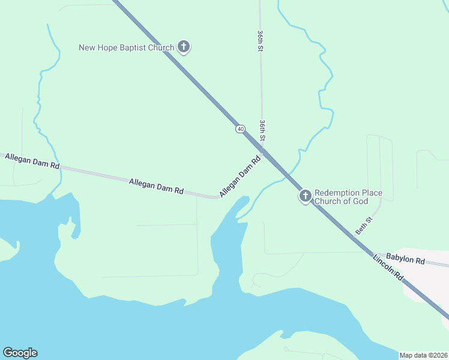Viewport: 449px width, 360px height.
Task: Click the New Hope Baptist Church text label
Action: [127, 47]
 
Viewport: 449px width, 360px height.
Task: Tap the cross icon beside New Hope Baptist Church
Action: [184, 47]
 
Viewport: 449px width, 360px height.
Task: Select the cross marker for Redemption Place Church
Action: [305, 196]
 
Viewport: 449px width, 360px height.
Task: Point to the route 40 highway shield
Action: [240, 128]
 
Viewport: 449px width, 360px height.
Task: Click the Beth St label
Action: [364, 226]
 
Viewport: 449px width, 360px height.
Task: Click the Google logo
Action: [20, 353]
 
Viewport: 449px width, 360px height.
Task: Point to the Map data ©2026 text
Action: [423, 355]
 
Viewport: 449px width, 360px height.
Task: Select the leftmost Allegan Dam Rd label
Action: [32, 161]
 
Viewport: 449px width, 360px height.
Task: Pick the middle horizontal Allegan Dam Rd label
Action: [156, 185]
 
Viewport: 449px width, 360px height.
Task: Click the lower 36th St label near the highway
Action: [262, 130]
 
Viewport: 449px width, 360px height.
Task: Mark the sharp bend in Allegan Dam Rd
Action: [217, 197]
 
